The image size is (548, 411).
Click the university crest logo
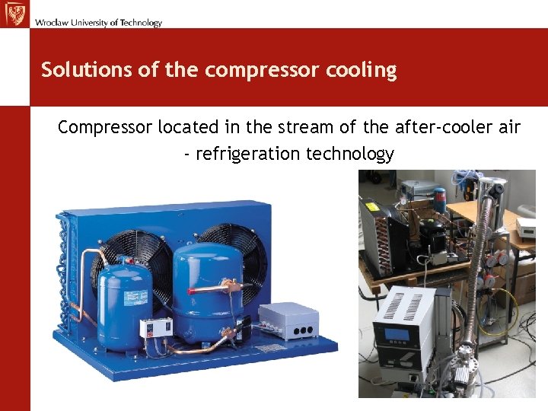15,14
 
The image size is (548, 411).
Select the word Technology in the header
140,23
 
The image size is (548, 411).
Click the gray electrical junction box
288,320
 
